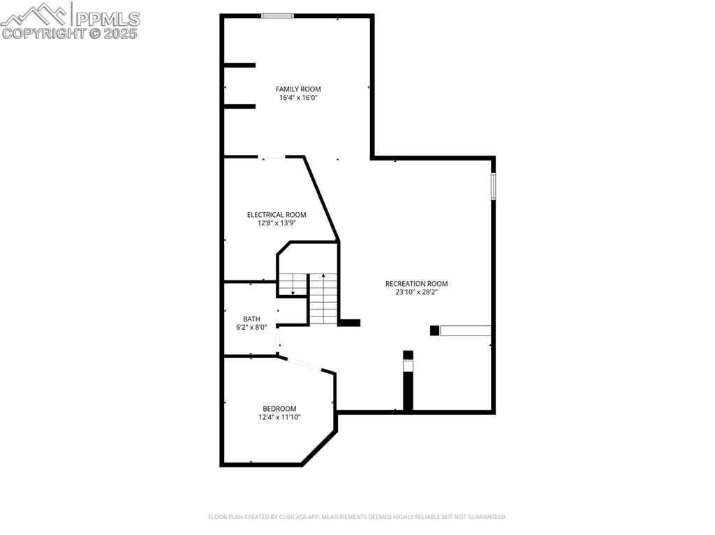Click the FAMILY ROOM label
coord(298,89)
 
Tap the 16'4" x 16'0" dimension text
coord(298,98)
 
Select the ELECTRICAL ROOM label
coord(277,215)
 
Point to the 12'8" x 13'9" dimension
coord(277,223)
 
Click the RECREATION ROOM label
coord(416,284)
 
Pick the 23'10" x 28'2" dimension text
coord(416,292)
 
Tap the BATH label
coord(251,319)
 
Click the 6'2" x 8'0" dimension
coord(251,327)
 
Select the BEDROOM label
coord(279,409)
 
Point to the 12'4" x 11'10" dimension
coord(279,417)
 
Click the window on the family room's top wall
coord(277,16)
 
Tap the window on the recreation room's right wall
coord(493,186)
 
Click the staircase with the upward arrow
coord(323,300)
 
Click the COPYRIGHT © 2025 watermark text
coord(70,33)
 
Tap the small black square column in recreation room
coord(434,331)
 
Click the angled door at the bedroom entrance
coord(304,363)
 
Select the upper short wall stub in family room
coord(239,66)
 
